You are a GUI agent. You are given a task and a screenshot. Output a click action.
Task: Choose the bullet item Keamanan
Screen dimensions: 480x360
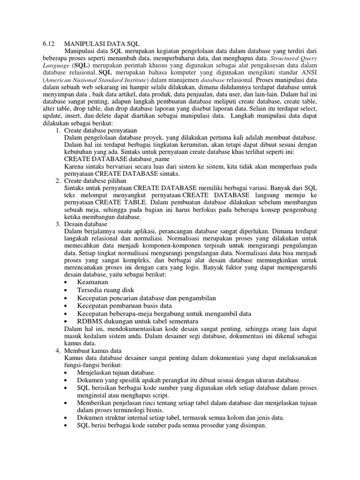click(x=92, y=282)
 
